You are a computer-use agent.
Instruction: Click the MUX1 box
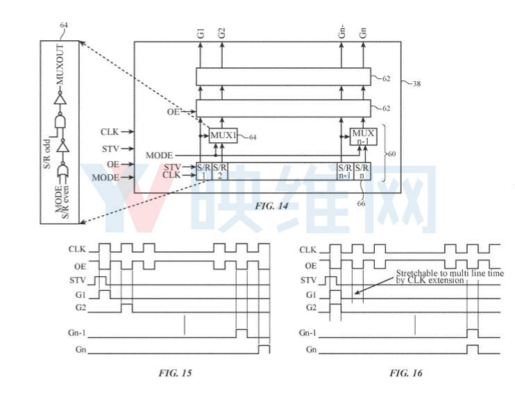[x=223, y=135]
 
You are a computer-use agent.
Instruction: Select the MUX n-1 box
[x=363, y=137]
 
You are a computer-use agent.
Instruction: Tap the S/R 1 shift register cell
[x=204, y=171]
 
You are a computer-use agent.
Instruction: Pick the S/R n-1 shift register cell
[x=346, y=171]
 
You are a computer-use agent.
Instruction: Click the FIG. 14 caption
[x=271, y=206]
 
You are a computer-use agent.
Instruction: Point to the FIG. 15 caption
[x=175, y=373]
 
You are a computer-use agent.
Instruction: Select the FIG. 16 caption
[x=406, y=373]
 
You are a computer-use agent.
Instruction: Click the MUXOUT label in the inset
[x=60, y=65]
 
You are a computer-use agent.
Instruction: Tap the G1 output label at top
[x=201, y=33]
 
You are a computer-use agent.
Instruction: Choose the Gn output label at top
[x=362, y=33]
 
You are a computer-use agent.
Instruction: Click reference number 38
[x=416, y=84]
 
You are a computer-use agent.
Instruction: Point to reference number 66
[x=361, y=203]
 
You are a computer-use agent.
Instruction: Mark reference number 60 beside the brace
[x=392, y=153]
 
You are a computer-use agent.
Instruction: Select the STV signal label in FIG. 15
[x=78, y=280]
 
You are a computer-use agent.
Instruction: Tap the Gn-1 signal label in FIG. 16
[x=307, y=332]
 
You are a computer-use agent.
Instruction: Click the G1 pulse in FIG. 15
[x=105, y=294]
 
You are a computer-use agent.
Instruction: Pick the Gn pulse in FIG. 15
[x=264, y=349]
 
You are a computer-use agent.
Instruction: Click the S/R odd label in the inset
[x=47, y=154]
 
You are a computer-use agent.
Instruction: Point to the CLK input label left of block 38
[x=110, y=132]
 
